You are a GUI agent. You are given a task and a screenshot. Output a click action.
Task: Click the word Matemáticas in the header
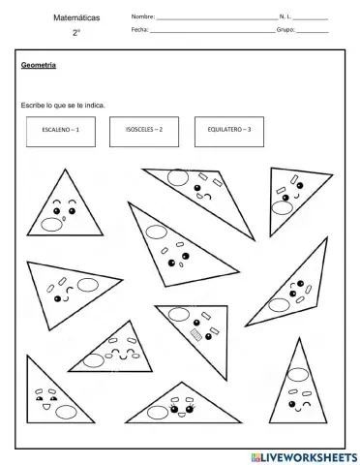pos(75,17)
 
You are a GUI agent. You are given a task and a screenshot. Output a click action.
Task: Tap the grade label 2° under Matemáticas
pos(75,33)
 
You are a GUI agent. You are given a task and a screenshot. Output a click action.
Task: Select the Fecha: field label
pos(139,30)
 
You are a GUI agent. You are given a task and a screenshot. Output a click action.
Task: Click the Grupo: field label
pos(285,30)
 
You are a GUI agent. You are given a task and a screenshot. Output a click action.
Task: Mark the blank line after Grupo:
pos(312,31)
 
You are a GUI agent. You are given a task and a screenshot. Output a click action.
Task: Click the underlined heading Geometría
pos(38,66)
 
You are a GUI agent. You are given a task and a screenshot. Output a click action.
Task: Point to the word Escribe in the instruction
pos(32,105)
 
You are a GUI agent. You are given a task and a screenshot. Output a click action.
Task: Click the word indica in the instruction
pos(95,105)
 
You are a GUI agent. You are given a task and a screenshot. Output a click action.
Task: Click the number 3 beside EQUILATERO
pos(249,129)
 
